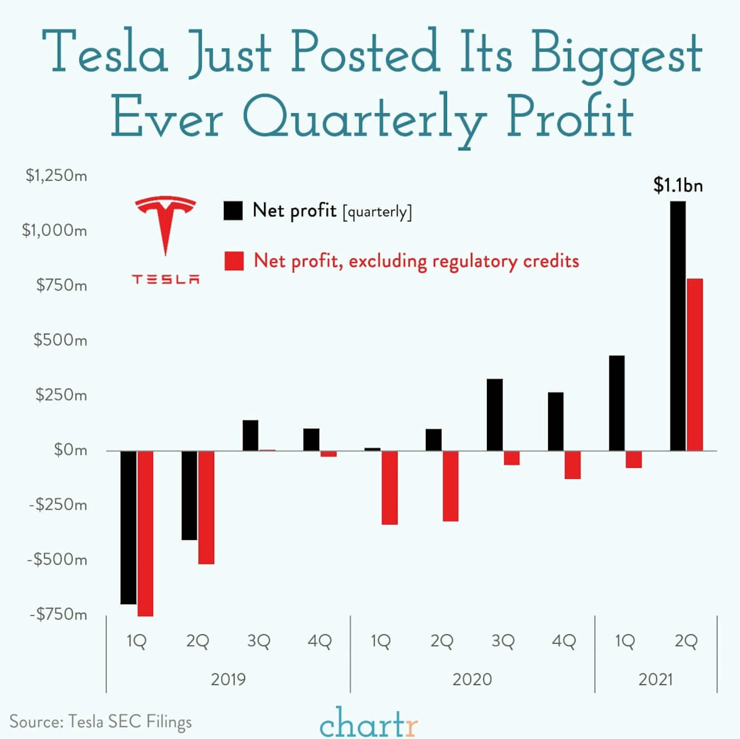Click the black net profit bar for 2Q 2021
click(678, 325)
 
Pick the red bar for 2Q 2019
click(206, 507)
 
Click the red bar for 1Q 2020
click(389, 487)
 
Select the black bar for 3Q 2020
click(494, 415)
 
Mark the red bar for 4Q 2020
click(573, 465)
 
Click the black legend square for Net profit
click(233, 211)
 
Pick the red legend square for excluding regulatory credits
click(234, 261)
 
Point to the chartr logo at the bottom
click(368, 722)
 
